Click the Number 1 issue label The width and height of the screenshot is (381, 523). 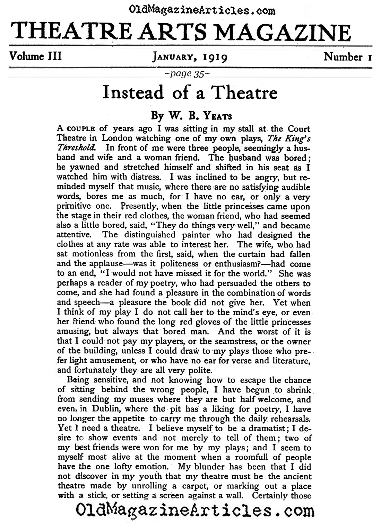tap(348, 56)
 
